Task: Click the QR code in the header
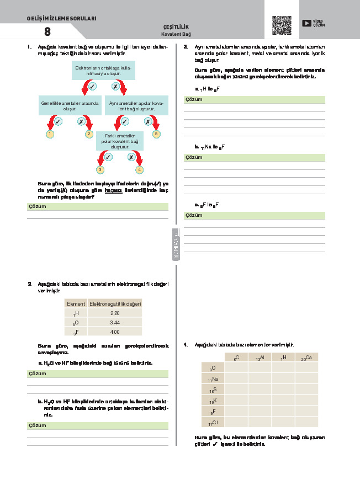pyautogui.click(x=282, y=25)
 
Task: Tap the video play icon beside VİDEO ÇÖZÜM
pyautogui.click(x=306, y=23)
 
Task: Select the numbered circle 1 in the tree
pyautogui.click(x=50, y=134)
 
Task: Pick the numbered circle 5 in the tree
pyautogui.click(x=156, y=134)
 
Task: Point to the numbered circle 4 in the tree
pyautogui.click(x=140, y=170)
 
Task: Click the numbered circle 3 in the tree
pyautogui.click(x=100, y=170)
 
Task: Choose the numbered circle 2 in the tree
pyautogui.click(x=89, y=134)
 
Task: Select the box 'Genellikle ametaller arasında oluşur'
pyautogui.click(x=70, y=105)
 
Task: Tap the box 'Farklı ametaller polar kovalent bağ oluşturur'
pyautogui.click(x=120, y=141)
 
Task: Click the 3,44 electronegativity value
pyautogui.click(x=115, y=322)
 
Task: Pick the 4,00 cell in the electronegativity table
pyautogui.click(x=115, y=332)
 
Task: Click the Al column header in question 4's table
pyautogui.click(x=260, y=358)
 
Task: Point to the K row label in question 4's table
pyautogui.click(x=213, y=401)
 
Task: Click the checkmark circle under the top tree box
pyautogui.click(x=92, y=87)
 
